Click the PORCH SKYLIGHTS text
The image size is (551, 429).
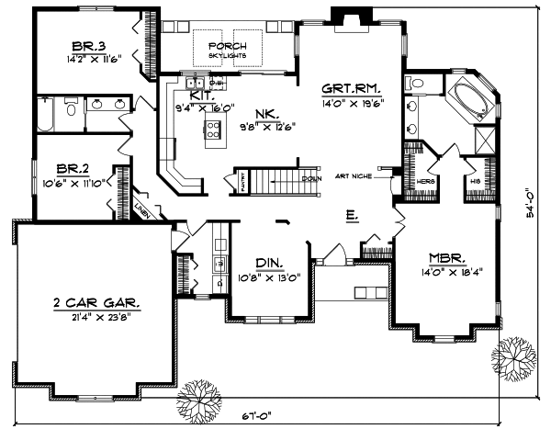point(224,51)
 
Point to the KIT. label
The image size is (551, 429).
point(202,95)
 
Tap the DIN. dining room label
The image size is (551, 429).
point(268,261)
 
